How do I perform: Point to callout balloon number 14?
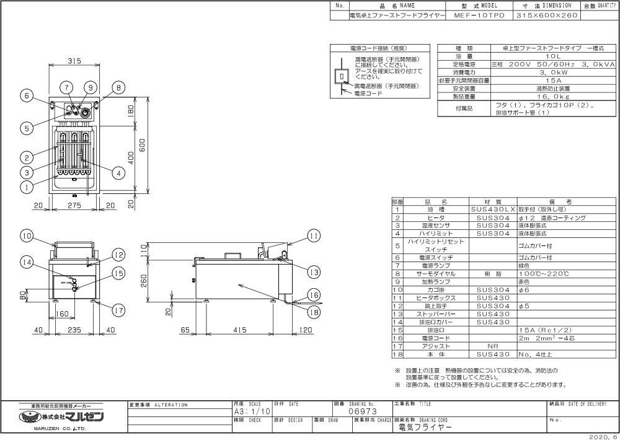pyautogui.click(x=26, y=262)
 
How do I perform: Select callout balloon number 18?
pyautogui.click(x=314, y=313)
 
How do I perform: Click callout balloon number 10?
pyautogui.click(x=26, y=235)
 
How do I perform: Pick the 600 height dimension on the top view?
pyautogui.click(x=142, y=144)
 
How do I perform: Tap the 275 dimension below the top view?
pyautogui.click(x=74, y=205)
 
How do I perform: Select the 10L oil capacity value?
pyautogui.click(x=526, y=55)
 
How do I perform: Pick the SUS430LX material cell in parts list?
pyautogui.click(x=493, y=210)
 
